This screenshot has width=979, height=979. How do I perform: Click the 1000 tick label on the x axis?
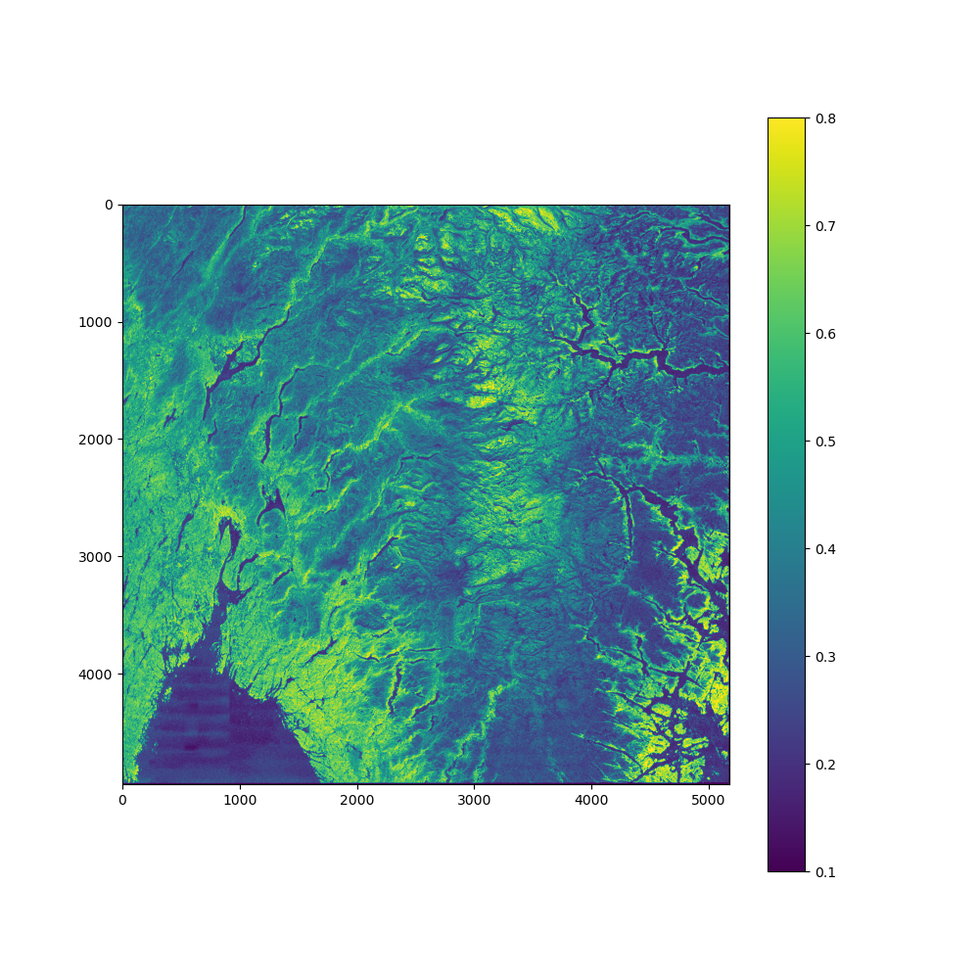[x=240, y=800]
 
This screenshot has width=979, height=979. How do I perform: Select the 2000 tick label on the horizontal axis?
[x=356, y=800]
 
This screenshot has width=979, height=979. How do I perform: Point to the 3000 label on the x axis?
[x=474, y=800]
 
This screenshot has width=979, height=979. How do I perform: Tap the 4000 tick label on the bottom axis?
[x=591, y=800]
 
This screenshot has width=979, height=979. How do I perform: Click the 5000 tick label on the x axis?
[x=708, y=800]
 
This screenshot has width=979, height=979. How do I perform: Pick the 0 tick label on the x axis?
[x=122, y=800]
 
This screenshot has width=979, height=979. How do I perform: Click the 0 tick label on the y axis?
[x=109, y=205]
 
